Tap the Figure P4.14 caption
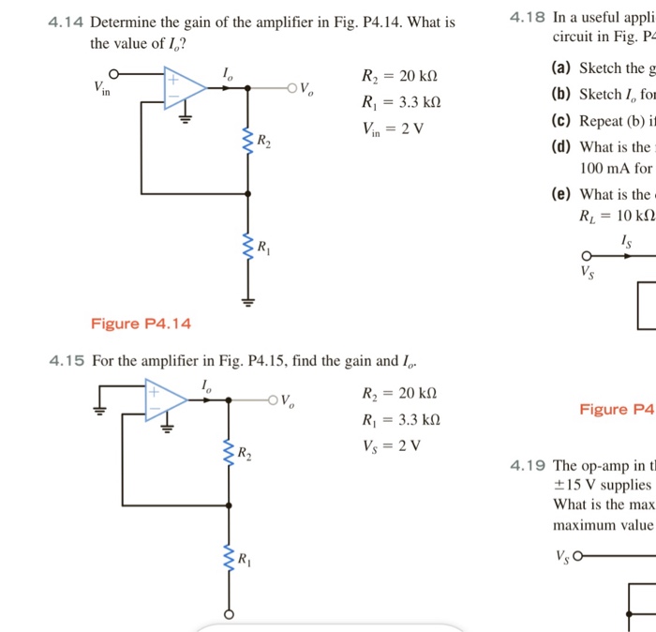tap(141, 324)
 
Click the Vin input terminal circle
tap(115, 74)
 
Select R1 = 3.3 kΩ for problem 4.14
tap(400, 102)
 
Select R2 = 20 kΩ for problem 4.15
tap(399, 393)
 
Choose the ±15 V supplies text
tap(602, 485)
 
